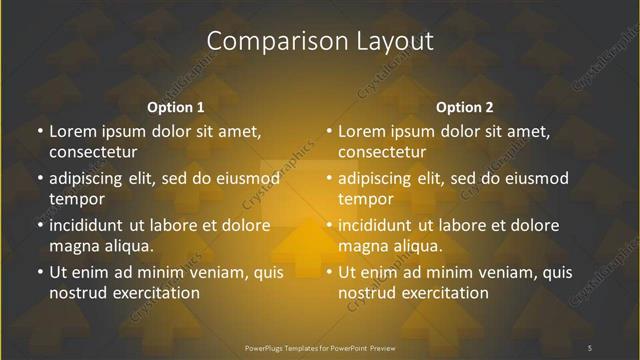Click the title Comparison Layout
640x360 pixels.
click(320, 41)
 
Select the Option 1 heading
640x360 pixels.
click(175, 107)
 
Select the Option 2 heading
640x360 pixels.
click(465, 107)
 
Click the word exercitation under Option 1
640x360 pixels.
click(156, 293)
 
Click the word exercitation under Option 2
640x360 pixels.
click(445, 293)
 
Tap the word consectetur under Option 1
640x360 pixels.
click(93, 152)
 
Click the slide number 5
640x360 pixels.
click(590, 347)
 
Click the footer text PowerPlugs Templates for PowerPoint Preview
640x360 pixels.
click(320, 347)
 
